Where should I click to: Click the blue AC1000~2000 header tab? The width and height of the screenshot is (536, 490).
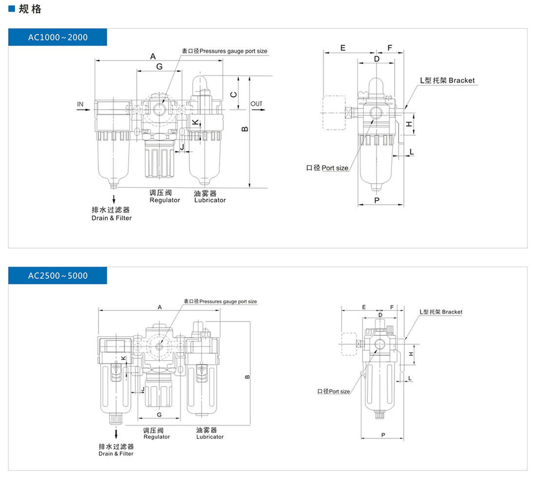pyautogui.click(x=57, y=37)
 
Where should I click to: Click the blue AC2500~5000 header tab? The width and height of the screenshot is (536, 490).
pyautogui.click(x=57, y=276)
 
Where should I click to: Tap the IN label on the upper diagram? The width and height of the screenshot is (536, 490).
pyautogui.click(x=80, y=104)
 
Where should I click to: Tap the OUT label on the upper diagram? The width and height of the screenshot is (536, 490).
pyautogui.click(x=256, y=104)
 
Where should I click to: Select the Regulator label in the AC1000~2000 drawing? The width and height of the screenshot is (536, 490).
pyautogui.click(x=165, y=200)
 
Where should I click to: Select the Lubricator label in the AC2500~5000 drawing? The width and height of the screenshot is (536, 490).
pyautogui.click(x=210, y=436)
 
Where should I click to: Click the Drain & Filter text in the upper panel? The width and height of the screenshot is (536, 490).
pyautogui.click(x=112, y=218)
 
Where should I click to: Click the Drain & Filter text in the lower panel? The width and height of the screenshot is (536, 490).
pyautogui.click(x=116, y=454)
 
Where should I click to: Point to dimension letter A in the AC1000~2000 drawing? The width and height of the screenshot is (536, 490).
pyautogui.click(x=153, y=55)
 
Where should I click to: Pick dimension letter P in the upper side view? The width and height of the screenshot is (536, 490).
pyautogui.click(x=377, y=200)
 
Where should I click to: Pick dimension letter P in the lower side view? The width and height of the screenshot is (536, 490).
pyautogui.click(x=383, y=435)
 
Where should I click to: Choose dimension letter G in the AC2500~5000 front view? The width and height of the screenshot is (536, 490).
pyautogui.click(x=159, y=414)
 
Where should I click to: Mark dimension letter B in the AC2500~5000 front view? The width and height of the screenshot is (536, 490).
pyautogui.click(x=247, y=377)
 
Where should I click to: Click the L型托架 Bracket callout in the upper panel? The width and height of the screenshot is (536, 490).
pyautogui.click(x=447, y=80)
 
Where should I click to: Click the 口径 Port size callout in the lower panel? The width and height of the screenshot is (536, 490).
pyautogui.click(x=334, y=391)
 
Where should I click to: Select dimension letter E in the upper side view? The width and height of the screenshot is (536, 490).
pyautogui.click(x=343, y=48)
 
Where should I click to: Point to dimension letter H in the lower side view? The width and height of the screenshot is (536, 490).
pyautogui.click(x=411, y=354)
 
